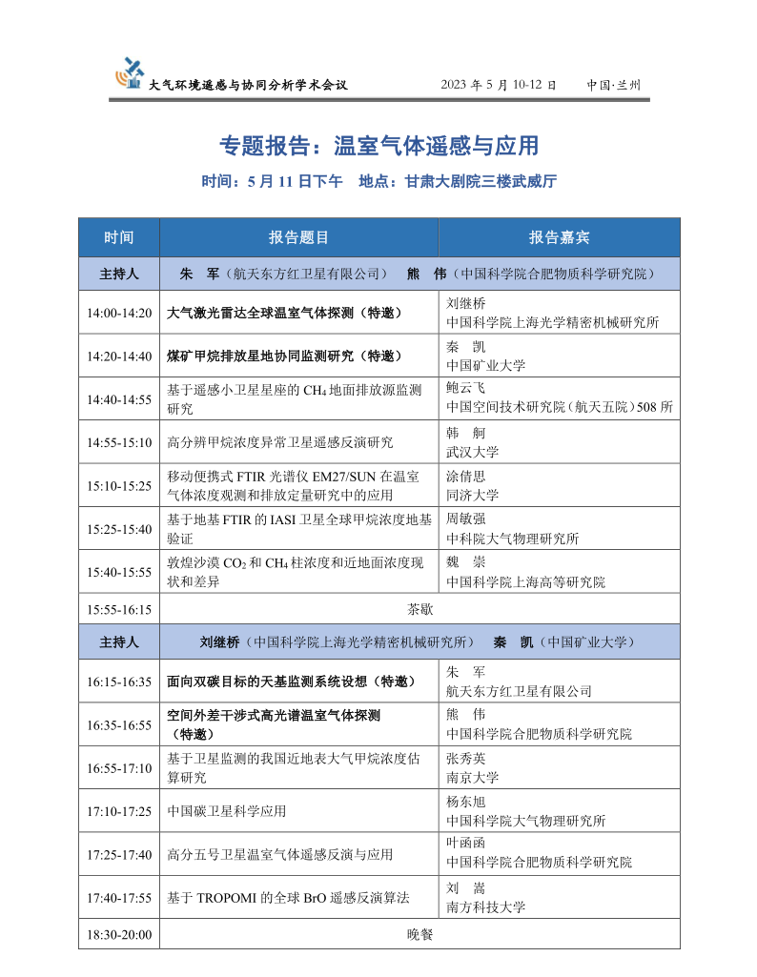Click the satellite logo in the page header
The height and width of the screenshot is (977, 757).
click(129, 72)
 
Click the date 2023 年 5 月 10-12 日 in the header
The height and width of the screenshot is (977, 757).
click(498, 85)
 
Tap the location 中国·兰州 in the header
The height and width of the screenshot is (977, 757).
click(614, 85)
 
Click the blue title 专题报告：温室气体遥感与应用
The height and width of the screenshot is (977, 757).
click(378, 146)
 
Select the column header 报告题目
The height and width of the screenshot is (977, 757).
click(298, 237)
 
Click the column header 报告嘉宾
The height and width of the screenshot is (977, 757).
click(559, 237)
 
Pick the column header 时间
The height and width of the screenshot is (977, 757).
click(119, 237)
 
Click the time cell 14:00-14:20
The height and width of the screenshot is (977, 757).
click(119, 313)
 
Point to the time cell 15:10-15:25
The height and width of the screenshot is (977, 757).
click(119, 485)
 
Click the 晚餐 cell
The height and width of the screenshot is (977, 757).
click(419, 935)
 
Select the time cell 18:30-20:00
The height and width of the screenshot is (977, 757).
click(119, 935)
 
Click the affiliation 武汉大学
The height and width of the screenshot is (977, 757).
click(472, 452)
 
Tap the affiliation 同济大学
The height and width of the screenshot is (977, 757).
click(472, 495)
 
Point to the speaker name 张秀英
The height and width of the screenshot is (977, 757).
click(465, 760)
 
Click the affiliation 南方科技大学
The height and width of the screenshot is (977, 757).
click(485, 906)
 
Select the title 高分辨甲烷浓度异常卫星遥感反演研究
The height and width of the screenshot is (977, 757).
click(279, 442)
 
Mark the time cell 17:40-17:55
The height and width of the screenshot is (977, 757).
click(119, 898)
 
